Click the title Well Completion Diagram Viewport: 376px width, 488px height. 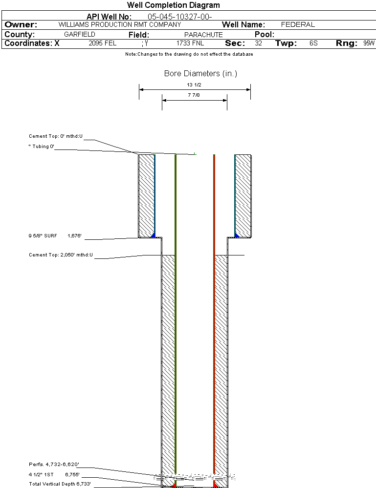point(173,5)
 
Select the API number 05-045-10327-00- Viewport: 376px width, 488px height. point(179,17)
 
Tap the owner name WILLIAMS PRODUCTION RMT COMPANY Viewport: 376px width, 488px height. point(120,24)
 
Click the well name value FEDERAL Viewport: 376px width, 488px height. point(298,24)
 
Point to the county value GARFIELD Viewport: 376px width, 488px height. point(79,34)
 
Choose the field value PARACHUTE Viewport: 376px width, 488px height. point(203,35)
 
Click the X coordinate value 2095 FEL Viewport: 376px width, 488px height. point(103,43)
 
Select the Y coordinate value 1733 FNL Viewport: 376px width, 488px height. point(190,43)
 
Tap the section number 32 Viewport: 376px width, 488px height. point(258,43)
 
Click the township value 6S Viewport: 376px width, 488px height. point(313,43)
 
